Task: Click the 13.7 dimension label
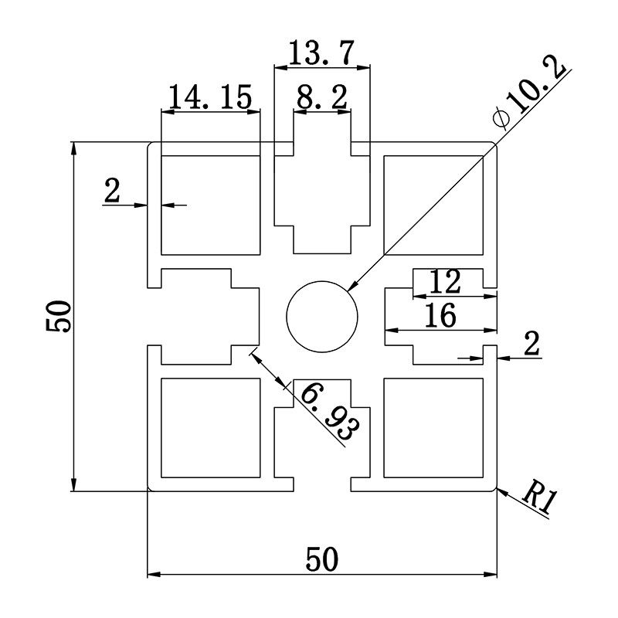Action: [321, 54]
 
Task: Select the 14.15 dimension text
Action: [210, 97]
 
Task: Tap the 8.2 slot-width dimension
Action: [321, 98]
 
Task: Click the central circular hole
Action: [322, 317]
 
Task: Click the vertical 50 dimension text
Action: [59, 316]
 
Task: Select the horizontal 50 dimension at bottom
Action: [321, 558]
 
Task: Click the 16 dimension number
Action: [440, 315]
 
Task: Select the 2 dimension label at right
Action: [531, 345]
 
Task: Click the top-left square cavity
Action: [209, 203]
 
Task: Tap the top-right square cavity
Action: [433, 203]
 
